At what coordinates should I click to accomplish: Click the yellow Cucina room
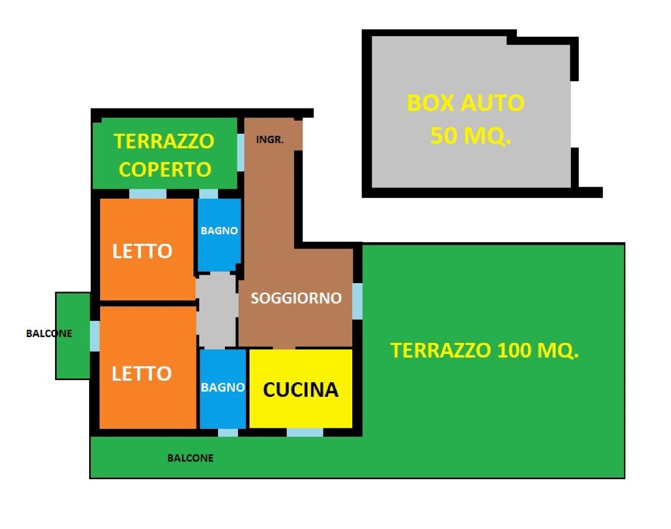tap(301, 388)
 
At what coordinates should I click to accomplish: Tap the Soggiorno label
tap(296, 298)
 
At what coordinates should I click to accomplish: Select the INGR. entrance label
tap(269, 140)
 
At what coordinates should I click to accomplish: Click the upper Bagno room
tap(220, 235)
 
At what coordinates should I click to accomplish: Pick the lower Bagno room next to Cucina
tap(223, 388)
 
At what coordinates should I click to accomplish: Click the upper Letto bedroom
tap(147, 249)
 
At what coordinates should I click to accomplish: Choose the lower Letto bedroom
tap(148, 368)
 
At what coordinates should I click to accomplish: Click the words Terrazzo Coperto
tap(164, 155)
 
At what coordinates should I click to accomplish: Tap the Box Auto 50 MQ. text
tap(466, 119)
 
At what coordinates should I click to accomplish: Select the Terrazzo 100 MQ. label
tap(485, 350)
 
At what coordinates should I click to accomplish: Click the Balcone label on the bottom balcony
tap(190, 458)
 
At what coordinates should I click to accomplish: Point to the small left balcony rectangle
tap(73, 336)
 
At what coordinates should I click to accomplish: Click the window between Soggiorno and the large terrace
tap(358, 301)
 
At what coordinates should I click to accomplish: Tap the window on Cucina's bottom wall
tap(305, 433)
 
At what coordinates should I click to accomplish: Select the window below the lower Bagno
tap(228, 433)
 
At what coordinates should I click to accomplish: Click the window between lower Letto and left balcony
tap(95, 336)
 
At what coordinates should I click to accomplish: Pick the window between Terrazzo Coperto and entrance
tap(241, 153)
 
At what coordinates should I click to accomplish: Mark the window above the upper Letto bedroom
tap(148, 193)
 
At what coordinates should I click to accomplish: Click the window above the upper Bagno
tap(209, 193)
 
